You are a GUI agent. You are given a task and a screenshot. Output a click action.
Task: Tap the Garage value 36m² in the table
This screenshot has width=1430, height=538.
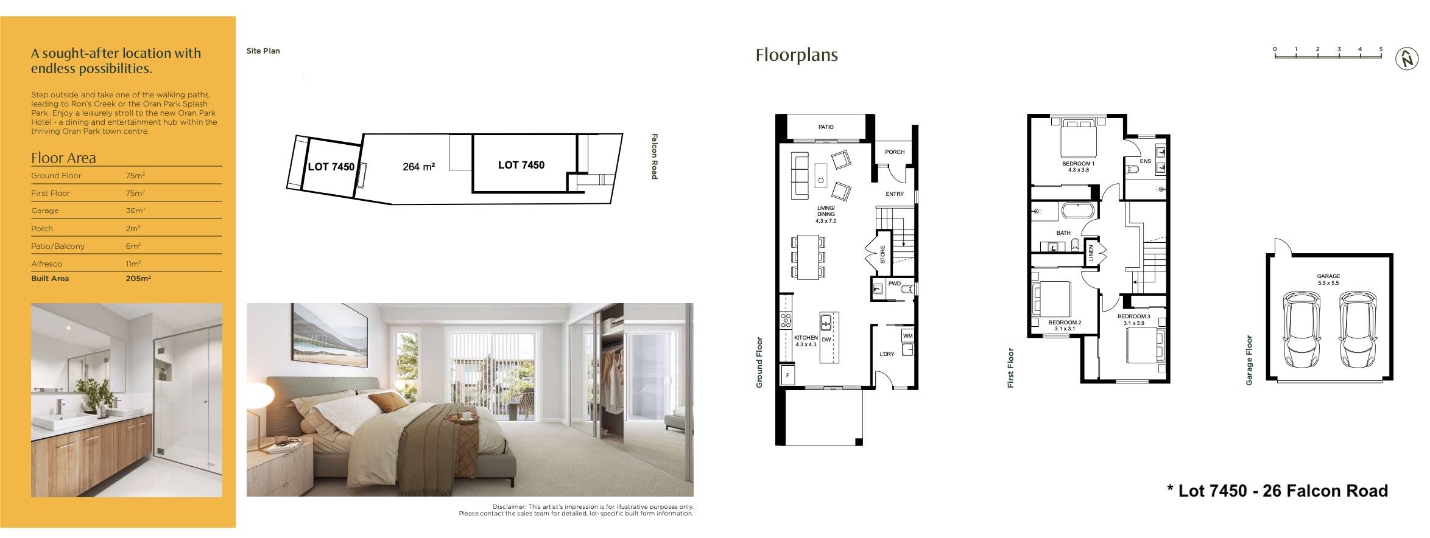[135, 211]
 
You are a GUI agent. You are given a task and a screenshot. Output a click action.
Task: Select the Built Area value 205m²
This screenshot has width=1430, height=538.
[138, 279]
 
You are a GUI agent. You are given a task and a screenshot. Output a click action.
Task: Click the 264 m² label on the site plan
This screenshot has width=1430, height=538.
[418, 167]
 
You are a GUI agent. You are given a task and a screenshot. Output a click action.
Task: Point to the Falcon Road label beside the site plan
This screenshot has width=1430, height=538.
[655, 156]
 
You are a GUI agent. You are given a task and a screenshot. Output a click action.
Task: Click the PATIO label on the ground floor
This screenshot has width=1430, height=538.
[826, 127]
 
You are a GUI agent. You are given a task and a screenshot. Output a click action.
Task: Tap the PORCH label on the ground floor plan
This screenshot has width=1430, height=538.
[894, 152]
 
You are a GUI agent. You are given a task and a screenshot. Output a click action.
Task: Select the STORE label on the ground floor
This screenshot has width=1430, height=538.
[882, 254]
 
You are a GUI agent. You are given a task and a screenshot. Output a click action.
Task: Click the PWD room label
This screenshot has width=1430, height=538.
[894, 284]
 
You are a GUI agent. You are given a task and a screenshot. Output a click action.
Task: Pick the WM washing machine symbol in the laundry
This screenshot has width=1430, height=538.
[907, 336]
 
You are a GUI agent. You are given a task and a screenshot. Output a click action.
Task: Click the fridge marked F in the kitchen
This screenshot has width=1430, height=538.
[787, 376]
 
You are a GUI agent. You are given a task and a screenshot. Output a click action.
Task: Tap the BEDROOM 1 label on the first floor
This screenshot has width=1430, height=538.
[1078, 164]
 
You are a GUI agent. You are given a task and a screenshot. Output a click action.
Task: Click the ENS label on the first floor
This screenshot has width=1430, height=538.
[1145, 161]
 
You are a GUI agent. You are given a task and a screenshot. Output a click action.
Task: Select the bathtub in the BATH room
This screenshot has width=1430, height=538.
[1078, 212]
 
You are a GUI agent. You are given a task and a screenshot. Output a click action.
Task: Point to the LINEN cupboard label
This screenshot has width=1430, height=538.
[1091, 253]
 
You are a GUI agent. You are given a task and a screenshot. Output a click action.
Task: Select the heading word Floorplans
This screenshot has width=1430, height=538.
[796, 55]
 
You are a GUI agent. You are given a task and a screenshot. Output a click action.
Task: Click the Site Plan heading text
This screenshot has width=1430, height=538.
[263, 51]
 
